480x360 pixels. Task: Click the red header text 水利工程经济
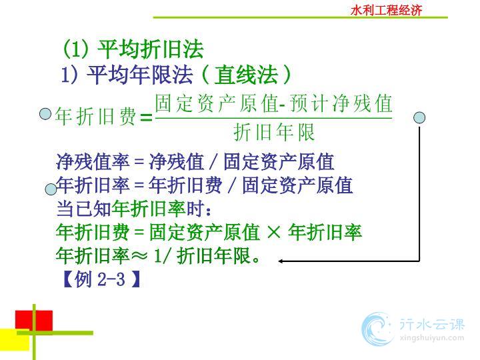[386, 10]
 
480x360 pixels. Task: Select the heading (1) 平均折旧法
[133, 49]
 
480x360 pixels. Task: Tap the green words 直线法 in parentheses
[246, 75]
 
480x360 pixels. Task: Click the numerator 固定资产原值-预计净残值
[274, 103]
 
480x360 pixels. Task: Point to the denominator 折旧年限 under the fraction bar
[274, 132]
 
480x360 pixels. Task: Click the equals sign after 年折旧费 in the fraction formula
[146, 117]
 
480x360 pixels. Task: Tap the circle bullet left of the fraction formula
[45, 114]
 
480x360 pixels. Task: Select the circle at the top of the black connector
[419, 117]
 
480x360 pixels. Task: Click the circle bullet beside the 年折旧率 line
[51, 189]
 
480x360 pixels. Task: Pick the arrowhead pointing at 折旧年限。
[281, 261]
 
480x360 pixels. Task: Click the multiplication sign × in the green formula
[274, 232]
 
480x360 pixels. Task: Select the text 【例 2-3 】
[101, 279]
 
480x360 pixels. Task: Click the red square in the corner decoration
[34, 321]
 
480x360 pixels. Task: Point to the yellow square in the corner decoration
[15, 339]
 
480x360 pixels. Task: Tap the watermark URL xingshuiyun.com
[432, 338]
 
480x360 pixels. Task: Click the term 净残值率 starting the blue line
[93, 161]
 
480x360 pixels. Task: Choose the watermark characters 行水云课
[432, 323]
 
